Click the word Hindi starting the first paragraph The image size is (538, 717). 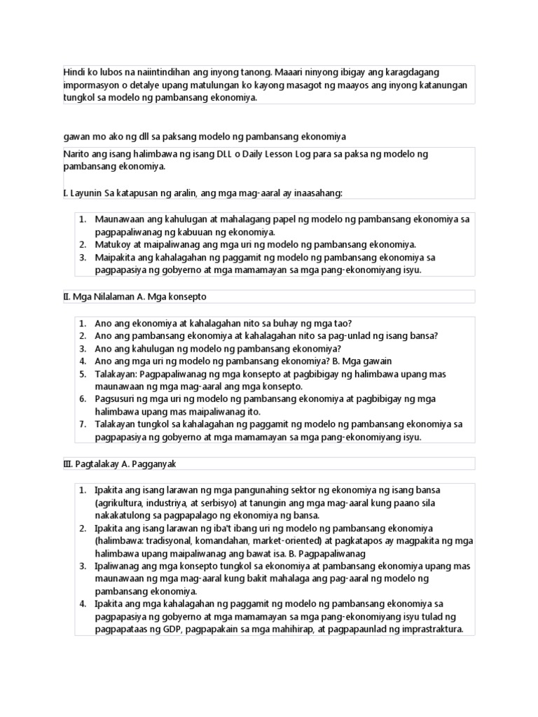pos(74,73)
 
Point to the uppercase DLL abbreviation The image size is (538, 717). pos(241,153)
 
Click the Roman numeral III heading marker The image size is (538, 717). pos(67,464)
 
